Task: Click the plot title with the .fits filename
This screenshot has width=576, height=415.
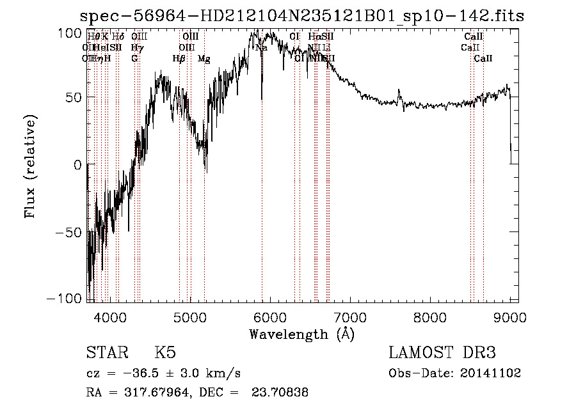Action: pyautogui.click(x=302, y=16)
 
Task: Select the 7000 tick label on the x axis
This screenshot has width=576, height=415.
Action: pyautogui.click(x=350, y=317)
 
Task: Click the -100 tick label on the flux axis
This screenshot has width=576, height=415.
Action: pyautogui.click(x=67, y=299)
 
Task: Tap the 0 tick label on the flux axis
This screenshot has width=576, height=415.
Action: pyautogui.click(x=77, y=164)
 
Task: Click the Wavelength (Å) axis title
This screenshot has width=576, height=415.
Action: pyautogui.click(x=301, y=334)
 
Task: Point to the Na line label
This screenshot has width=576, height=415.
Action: pyautogui.click(x=261, y=47)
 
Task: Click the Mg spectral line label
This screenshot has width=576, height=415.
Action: pyautogui.click(x=204, y=59)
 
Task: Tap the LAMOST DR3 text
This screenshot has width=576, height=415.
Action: pyautogui.click(x=442, y=354)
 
